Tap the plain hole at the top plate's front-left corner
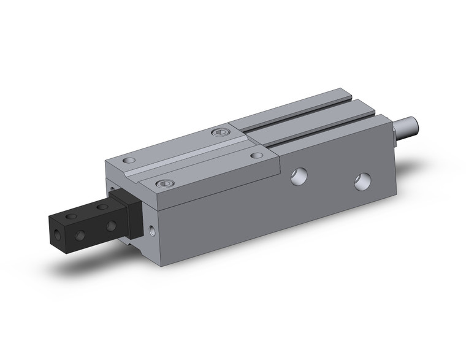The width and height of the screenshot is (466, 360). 127,161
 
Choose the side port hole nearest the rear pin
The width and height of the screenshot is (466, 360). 362,181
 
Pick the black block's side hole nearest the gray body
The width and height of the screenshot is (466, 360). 111,226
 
